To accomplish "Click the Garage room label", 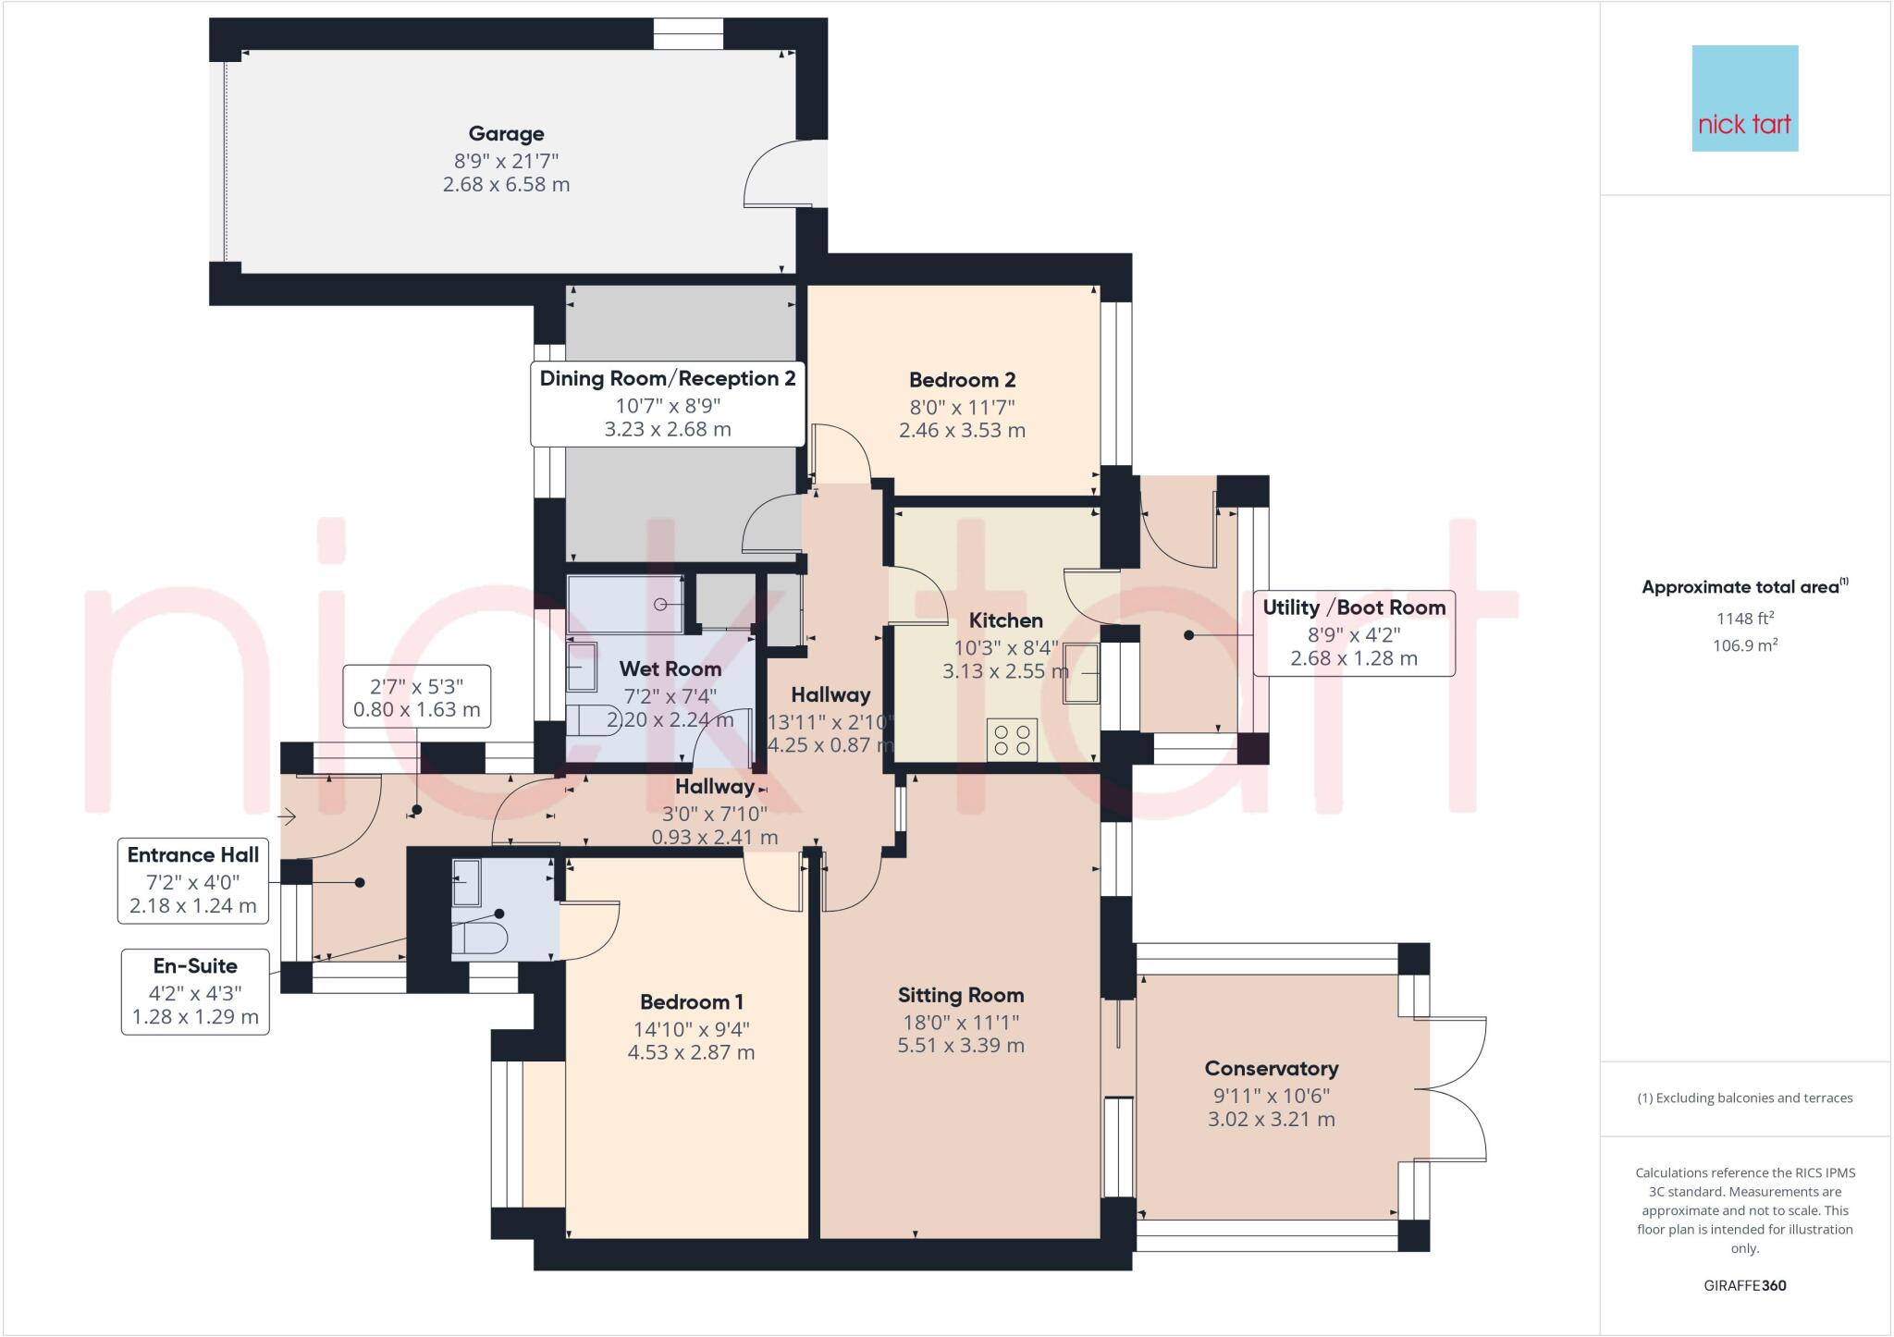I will tap(505, 134).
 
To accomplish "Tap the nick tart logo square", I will tap(1744, 98).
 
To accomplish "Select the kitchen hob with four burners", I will tap(1012, 740).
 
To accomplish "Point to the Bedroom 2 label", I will tap(962, 380).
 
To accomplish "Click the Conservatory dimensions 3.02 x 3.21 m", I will tap(1271, 1119).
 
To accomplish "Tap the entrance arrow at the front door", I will tap(288, 816).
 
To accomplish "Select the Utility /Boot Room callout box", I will tap(1353, 633).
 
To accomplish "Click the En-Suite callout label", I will tap(195, 966).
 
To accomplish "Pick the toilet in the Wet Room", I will tap(592, 720).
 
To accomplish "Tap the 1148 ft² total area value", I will tap(1744, 619).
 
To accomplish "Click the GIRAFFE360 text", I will tap(1744, 1285).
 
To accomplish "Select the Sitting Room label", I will tap(961, 996).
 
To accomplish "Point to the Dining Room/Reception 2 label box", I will tap(667, 404).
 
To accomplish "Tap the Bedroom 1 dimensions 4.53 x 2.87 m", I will tap(691, 1052).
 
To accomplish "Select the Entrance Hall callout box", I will tap(192, 880).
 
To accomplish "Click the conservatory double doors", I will tap(1457, 1089).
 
